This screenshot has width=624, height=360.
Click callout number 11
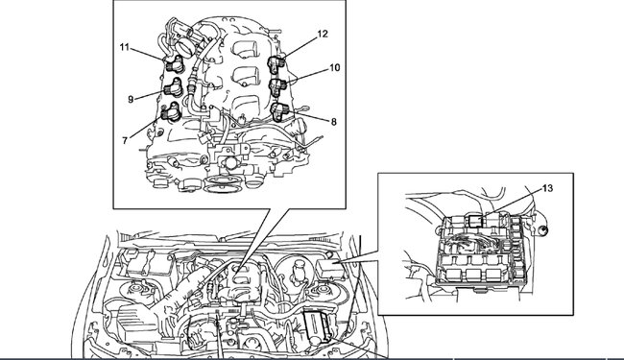click(125, 47)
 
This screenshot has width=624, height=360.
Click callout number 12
click(323, 35)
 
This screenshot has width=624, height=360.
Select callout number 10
click(335, 68)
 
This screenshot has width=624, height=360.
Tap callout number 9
click(131, 100)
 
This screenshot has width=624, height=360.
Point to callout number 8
click(333, 122)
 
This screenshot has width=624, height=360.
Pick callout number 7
click(125, 140)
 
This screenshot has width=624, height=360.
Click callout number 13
click(548, 188)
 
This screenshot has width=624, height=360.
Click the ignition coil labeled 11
click(174, 63)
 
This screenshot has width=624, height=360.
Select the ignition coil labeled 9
click(174, 87)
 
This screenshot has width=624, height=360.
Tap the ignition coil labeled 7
click(172, 111)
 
